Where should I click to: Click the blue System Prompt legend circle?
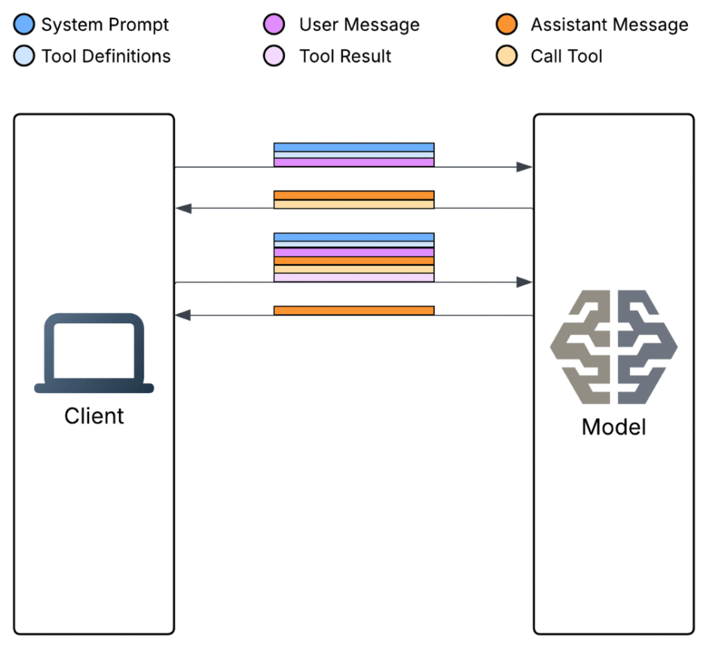[24, 26]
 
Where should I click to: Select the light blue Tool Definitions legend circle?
[24, 56]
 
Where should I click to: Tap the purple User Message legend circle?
[274, 26]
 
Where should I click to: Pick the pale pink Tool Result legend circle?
[274, 56]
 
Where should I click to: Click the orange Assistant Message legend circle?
[507, 26]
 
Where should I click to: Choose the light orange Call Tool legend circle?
[507, 56]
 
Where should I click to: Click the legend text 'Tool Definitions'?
[106, 56]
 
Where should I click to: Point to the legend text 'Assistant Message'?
[609, 26]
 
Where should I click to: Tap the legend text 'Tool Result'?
[345, 56]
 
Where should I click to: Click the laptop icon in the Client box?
[94, 353]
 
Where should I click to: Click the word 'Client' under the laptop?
[94, 416]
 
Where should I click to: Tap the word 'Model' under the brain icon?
[613, 426]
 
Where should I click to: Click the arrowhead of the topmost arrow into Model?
[525, 167]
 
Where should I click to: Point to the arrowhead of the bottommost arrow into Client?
[183, 315]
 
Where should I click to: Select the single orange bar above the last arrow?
[354, 310]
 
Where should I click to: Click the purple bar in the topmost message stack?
[354, 162]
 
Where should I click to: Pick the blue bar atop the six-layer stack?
[354, 237]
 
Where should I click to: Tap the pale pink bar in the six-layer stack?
[354, 277]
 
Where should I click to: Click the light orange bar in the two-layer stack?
[354, 204]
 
